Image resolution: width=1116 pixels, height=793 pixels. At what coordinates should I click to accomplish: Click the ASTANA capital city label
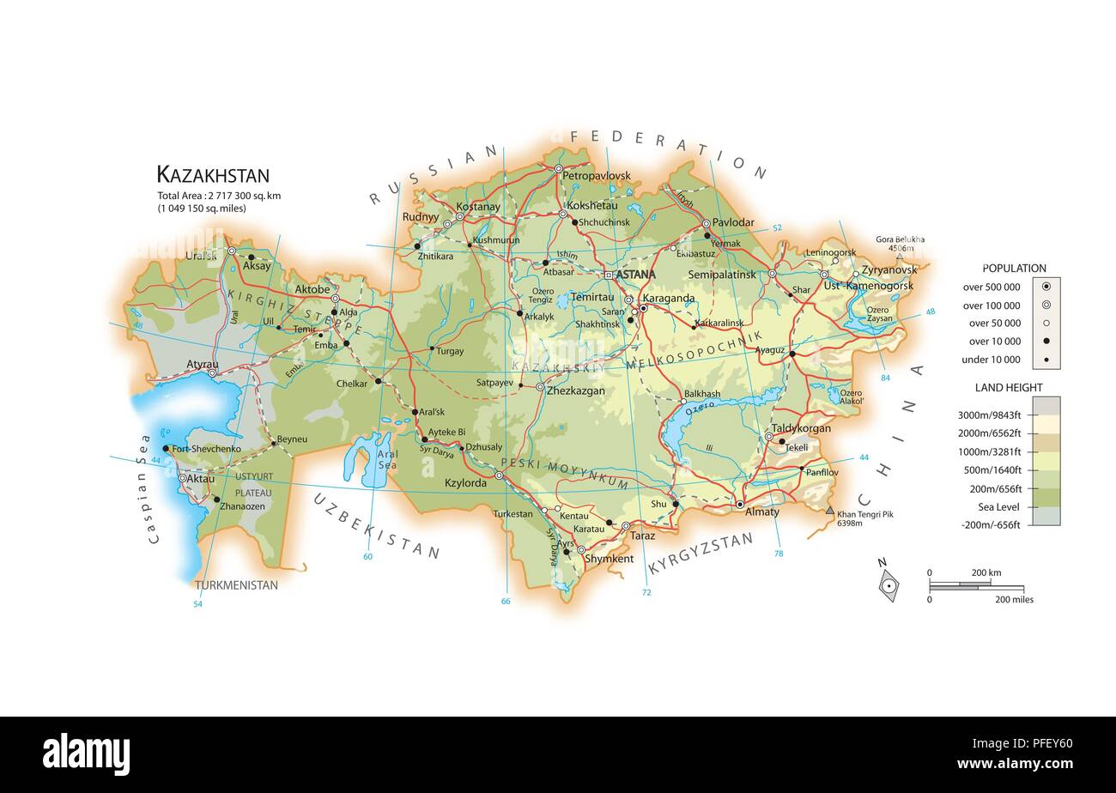[635, 275]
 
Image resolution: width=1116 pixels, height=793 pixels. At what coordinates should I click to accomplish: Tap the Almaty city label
[761, 512]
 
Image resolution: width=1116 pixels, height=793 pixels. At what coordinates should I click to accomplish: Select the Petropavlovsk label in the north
[596, 176]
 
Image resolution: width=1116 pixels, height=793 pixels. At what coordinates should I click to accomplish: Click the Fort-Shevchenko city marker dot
[166, 448]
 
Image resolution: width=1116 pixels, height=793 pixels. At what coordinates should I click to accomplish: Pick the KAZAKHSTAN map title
[212, 175]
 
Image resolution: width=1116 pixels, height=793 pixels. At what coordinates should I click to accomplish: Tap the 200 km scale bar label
[986, 572]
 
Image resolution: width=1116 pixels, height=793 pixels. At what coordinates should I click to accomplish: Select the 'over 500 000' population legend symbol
[1046, 287]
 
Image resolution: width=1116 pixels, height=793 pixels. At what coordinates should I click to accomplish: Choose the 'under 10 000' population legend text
[992, 360]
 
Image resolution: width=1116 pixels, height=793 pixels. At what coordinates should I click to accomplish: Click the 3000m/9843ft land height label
[989, 415]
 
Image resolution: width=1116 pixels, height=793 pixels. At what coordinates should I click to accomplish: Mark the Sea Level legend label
[998, 507]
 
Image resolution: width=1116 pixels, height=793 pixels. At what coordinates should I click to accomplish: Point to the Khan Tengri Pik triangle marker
[829, 511]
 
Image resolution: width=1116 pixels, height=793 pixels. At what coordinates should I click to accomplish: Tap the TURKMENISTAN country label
[236, 585]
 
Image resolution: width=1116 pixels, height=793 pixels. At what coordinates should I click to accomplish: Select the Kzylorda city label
[465, 483]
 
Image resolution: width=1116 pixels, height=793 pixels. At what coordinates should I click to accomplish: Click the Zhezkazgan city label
[575, 390]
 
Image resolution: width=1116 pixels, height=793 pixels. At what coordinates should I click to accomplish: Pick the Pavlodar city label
[733, 222]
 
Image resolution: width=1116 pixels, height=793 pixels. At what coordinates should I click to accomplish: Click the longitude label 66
[505, 601]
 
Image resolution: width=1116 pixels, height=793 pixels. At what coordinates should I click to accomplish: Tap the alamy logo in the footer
[86, 754]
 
